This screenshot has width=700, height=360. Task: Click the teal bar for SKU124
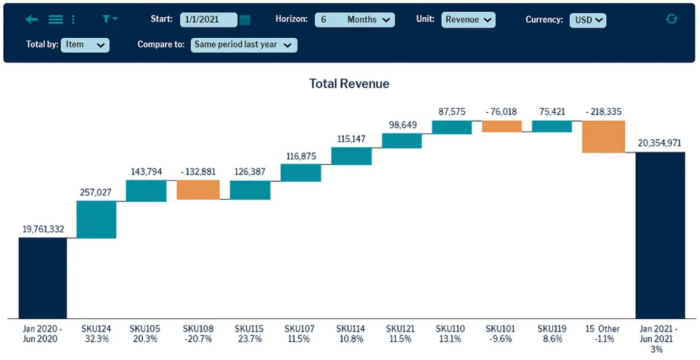pos(97,219)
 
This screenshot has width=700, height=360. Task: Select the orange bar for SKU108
pos(198,190)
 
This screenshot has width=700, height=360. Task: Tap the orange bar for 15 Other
pos(603,137)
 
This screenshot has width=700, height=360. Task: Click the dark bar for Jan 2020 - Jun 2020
pos(43,278)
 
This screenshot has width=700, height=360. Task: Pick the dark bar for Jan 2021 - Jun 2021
pos(660,235)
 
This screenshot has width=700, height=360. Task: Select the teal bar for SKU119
pos(551,126)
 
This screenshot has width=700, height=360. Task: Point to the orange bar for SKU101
pos(501,126)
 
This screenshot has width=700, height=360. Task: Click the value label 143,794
pos(146,172)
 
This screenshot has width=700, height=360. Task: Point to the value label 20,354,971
pos(659,143)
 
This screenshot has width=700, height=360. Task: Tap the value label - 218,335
pos(603,111)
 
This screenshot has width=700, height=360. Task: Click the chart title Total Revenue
pos(349,83)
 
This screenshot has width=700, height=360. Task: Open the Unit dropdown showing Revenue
pos(468,20)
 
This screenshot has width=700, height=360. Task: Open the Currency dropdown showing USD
pos(588,20)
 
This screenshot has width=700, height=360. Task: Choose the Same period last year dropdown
pos(244,45)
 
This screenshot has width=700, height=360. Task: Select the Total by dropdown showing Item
pos(85,45)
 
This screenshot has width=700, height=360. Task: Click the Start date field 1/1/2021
pos(208,20)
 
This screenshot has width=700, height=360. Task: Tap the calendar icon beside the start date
pos(245,20)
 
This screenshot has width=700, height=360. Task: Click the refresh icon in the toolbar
pos(671,19)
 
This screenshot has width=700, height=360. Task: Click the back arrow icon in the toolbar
pos(32,19)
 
